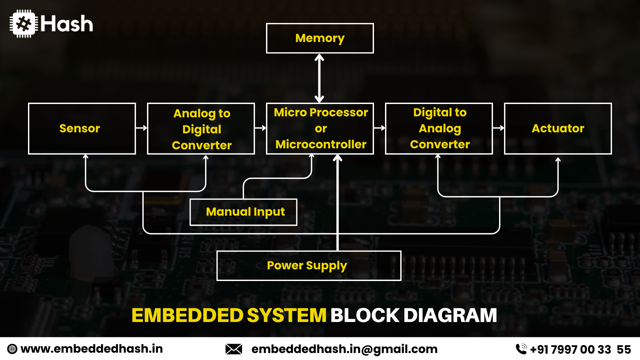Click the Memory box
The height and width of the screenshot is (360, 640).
(x=320, y=38)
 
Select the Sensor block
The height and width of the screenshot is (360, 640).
(x=82, y=128)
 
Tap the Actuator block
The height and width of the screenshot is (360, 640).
(x=558, y=128)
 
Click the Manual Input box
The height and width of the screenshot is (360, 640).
(x=243, y=212)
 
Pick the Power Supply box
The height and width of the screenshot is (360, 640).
(x=309, y=266)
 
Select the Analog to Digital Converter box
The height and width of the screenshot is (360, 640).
(x=201, y=129)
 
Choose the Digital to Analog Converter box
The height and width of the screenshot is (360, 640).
(x=439, y=128)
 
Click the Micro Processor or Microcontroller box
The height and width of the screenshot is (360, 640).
(x=320, y=128)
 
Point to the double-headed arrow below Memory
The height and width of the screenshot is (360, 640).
(x=319, y=78)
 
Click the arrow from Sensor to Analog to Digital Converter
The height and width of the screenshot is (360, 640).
(x=141, y=128)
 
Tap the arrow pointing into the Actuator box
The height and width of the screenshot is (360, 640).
(x=498, y=128)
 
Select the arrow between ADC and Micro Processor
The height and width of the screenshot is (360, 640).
(x=260, y=128)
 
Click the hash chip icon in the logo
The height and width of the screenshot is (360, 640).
(x=23, y=24)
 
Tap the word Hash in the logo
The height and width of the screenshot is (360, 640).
(x=67, y=24)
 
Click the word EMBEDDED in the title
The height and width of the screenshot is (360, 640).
(x=187, y=315)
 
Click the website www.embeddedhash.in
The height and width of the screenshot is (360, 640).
(x=92, y=349)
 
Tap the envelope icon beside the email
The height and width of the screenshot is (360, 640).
(x=234, y=349)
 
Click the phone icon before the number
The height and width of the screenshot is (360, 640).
(x=521, y=349)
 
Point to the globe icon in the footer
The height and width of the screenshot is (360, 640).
(x=12, y=349)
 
